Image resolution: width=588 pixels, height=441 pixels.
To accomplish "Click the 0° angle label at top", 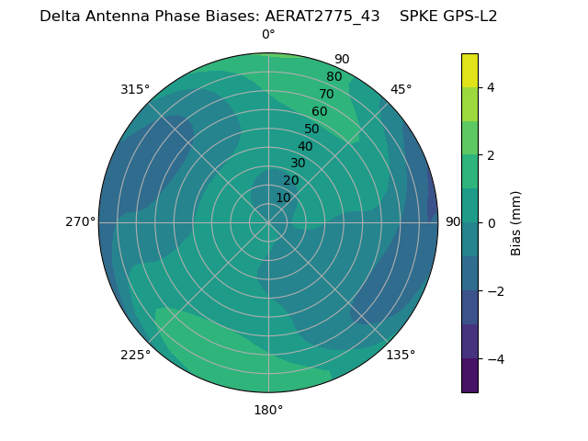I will pos(268,35).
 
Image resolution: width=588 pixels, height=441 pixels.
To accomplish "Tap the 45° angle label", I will pos(401,89).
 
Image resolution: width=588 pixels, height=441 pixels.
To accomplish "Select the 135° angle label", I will pos(401,355).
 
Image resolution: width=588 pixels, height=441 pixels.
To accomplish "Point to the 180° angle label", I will pos(268,410).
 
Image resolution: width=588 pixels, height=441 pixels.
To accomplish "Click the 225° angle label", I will pos(135,355).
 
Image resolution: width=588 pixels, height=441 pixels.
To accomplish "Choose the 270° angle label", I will pos(80,221).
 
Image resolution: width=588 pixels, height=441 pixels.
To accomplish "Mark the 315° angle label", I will pos(135,89).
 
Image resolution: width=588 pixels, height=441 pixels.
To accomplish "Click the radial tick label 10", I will pos(283,198).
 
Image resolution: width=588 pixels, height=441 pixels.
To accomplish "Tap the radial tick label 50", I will pos(312,129).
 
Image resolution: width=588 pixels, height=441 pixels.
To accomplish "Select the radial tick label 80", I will pos(334,76).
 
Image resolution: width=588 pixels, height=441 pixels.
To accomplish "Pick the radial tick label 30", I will pos(298,163).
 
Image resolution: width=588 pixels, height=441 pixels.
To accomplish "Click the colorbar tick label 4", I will pos(491,87).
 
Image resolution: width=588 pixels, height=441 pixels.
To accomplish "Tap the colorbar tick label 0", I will pos(491,222).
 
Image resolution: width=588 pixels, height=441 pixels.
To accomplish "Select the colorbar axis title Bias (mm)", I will pos(516,222).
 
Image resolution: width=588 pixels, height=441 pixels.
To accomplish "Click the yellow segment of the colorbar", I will pos(469,70).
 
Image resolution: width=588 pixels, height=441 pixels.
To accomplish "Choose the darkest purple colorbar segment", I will pos(469,375).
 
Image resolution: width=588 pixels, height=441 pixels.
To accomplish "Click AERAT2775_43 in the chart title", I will pos(322,16).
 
